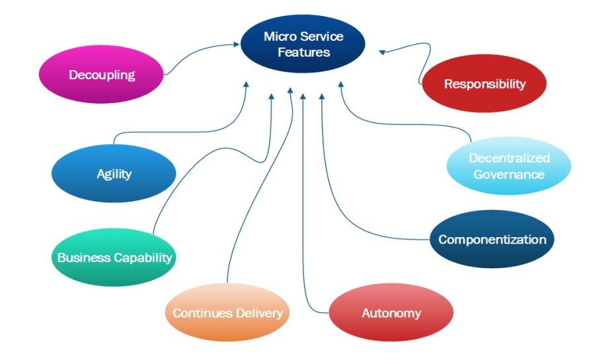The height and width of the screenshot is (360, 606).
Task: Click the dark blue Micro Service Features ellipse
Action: [303, 44]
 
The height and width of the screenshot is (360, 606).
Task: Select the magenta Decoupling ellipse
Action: [101, 74]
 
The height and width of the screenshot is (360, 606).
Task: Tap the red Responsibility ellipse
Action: [484, 83]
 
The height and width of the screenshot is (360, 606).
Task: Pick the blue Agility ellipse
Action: [114, 174]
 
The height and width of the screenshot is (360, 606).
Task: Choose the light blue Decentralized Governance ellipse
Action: [509, 166]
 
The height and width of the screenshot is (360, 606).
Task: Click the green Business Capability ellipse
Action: [114, 257]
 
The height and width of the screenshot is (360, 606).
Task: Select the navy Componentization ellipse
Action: [492, 239]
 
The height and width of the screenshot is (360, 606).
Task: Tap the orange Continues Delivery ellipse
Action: [227, 312]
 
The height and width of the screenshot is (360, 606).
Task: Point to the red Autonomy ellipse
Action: [391, 312]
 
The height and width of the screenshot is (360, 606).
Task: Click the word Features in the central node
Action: [304, 52]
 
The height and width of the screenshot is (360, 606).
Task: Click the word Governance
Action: [509, 174]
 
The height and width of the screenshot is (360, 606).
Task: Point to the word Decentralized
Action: [510, 158]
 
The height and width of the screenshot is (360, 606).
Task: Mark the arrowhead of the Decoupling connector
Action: [237, 44]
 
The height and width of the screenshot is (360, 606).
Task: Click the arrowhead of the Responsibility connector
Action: [382, 52]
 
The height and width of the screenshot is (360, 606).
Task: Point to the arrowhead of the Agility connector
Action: [246, 84]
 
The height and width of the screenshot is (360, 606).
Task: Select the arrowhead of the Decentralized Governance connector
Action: [341, 84]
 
